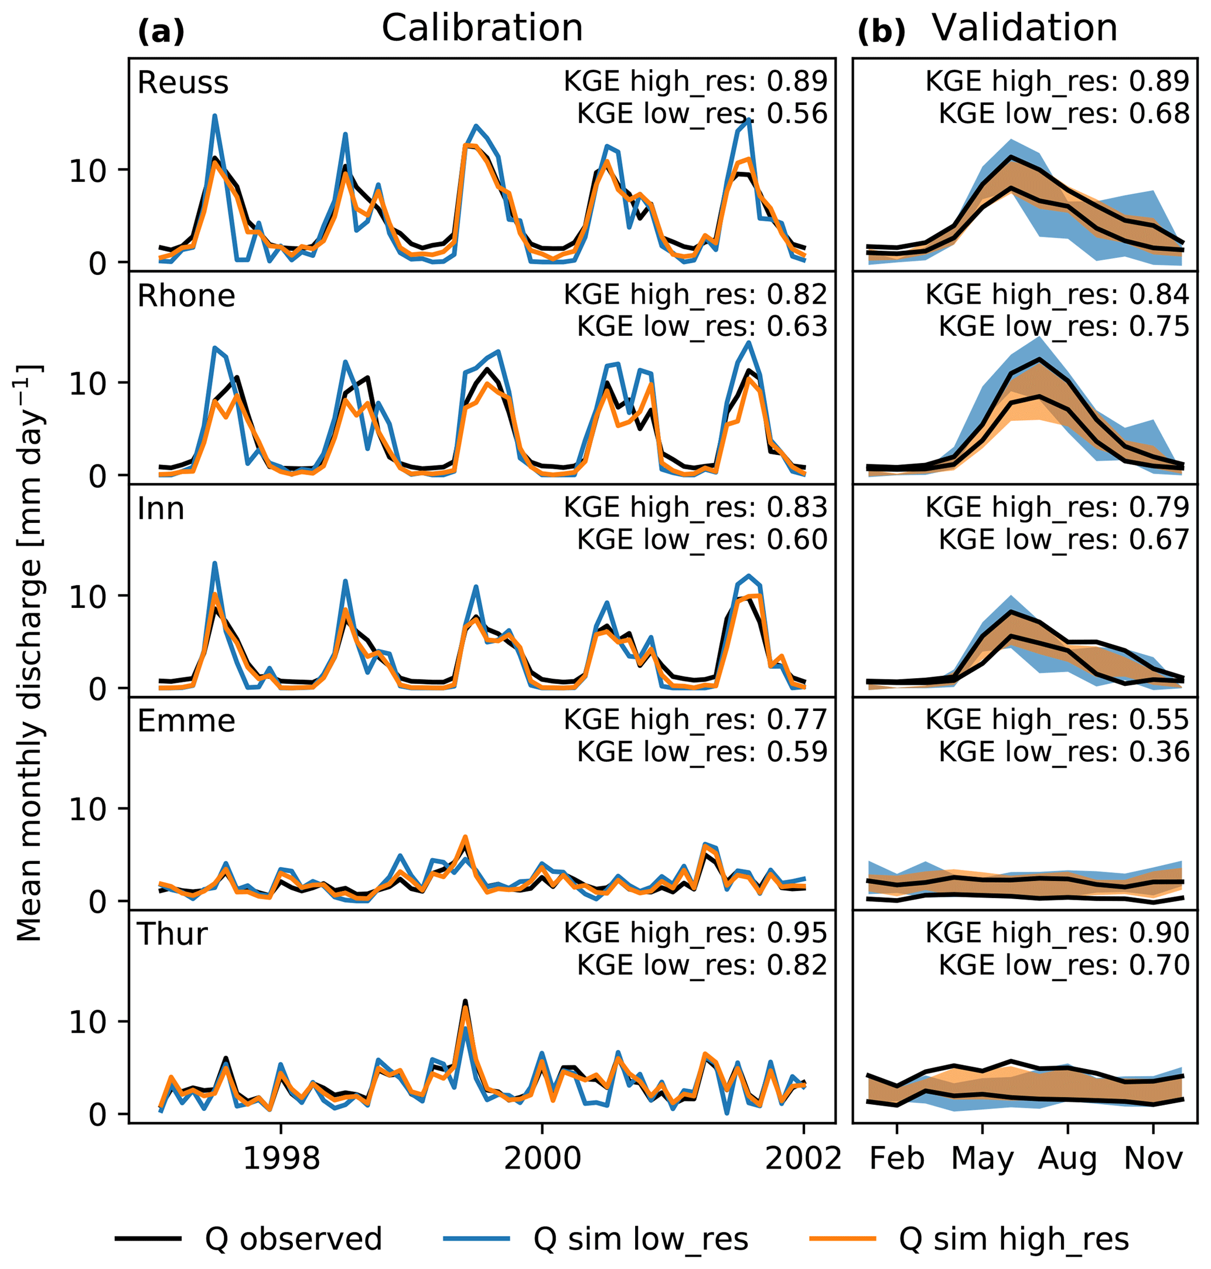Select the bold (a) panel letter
coord(161,32)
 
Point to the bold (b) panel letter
coord(881,32)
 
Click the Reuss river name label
coord(183,83)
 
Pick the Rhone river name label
coord(186,297)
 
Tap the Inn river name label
coord(161,509)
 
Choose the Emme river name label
coord(186,722)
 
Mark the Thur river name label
coord(172,934)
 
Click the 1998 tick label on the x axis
coord(281,1159)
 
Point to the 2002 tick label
coord(803,1159)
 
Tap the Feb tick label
coord(896,1159)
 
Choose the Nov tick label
coord(1153,1159)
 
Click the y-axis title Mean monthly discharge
coord(30,652)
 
